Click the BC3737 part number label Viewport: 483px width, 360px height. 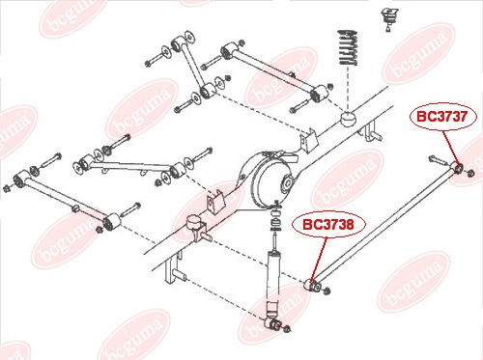(x=442, y=116)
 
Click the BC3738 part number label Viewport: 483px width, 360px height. (x=328, y=224)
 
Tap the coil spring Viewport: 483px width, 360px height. (x=348, y=47)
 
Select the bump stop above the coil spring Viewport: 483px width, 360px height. (x=389, y=19)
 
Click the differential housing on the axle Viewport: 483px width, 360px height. (x=272, y=180)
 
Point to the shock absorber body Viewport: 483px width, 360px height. (x=274, y=282)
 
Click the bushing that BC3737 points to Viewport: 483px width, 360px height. (x=458, y=167)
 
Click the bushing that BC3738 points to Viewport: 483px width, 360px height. (x=313, y=285)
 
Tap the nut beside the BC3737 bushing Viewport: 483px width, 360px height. (x=469, y=173)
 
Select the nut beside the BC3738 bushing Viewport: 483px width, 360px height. (x=327, y=291)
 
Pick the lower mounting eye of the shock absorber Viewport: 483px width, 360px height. (x=271, y=323)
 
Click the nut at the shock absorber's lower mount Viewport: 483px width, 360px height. (x=288, y=329)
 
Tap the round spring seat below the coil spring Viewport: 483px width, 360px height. (x=348, y=119)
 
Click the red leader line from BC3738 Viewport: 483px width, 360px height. (x=319, y=259)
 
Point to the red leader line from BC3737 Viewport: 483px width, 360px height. (x=451, y=148)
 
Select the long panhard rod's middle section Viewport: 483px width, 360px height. (x=384, y=226)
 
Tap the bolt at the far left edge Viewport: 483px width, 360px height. (x=8, y=188)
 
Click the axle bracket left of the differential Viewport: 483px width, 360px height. (x=215, y=202)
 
